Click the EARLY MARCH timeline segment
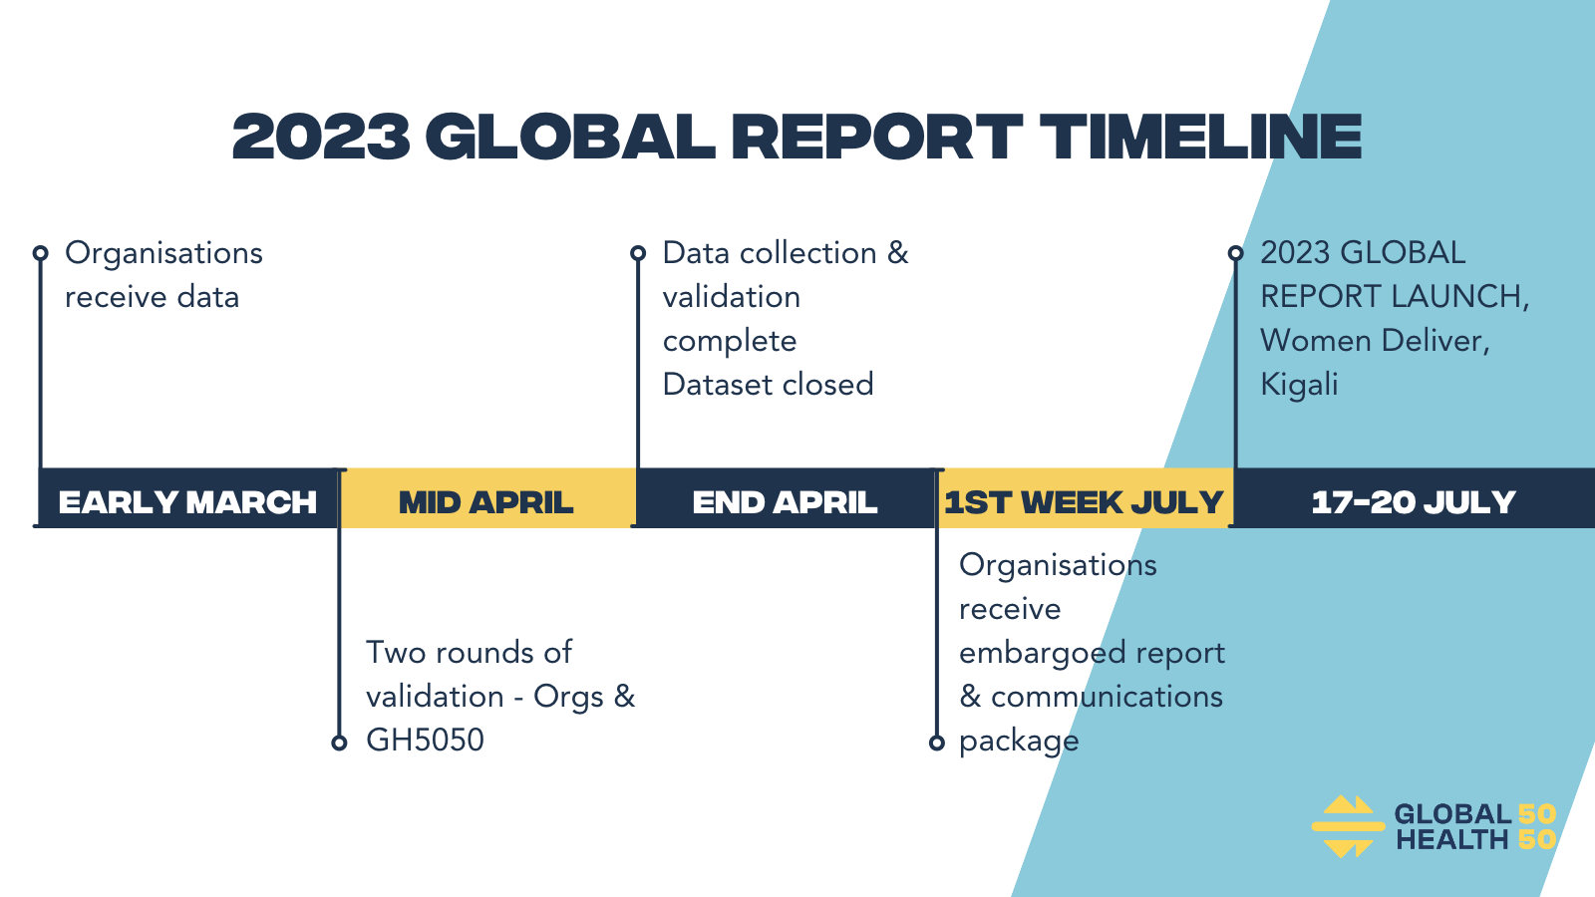(188, 497)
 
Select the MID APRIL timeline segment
(487, 497)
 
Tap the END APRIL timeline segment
(786, 497)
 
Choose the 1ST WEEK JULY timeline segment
(1085, 497)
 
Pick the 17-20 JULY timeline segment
(1415, 497)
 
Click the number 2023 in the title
(322, 136)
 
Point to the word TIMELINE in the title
(1200, 136)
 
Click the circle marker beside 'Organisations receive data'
(41, 253)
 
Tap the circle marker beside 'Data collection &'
(638, 253)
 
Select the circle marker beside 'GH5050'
(339, 744)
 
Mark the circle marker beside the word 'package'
(937, 744)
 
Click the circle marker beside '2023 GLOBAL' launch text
(1235, 253)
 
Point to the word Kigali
(1300, 385)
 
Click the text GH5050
(425, 741)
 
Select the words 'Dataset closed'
(768, 385)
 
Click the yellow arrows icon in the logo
(1348, 826)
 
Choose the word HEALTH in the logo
(1451, 840)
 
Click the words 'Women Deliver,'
(1375, 341)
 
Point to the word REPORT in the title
(877, 136)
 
